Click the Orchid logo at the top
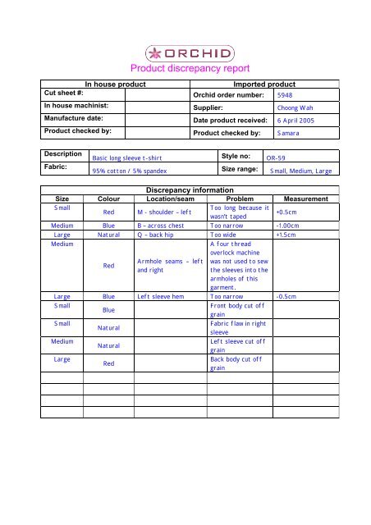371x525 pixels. coord(185,54)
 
